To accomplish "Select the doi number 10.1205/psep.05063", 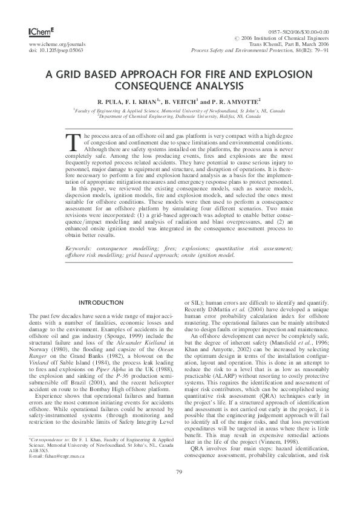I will pos(61,50).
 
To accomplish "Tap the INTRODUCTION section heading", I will pos(102,302).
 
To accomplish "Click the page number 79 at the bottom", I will pos(179,488).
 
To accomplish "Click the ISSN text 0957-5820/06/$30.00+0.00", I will pos(298,31).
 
